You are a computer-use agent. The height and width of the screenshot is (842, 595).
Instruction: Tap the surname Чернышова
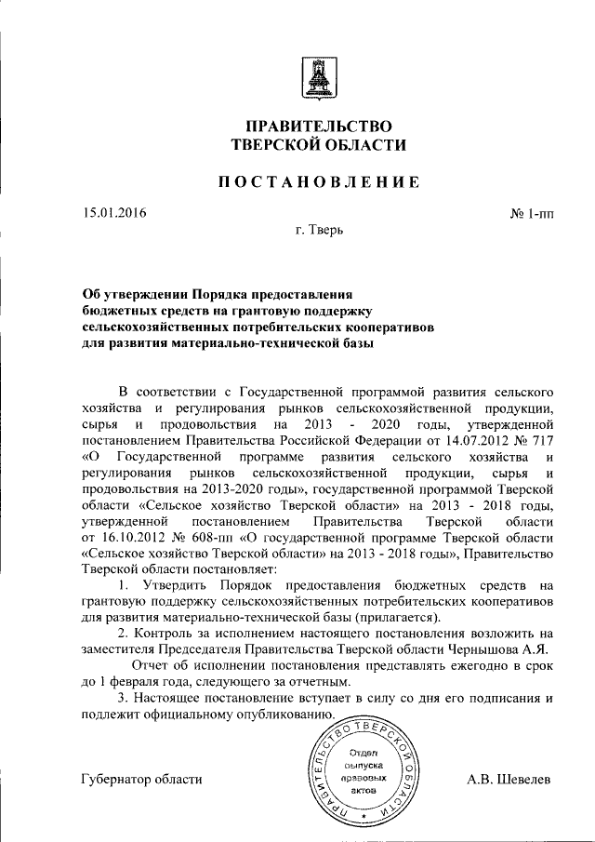475,648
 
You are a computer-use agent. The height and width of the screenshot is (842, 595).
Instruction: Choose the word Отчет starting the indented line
152,665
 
